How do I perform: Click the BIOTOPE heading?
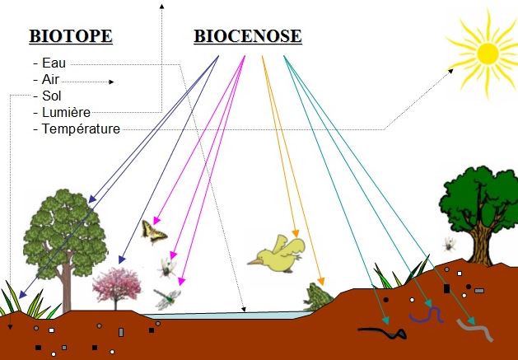[71, 36]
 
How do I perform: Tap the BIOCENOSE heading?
[248, 36]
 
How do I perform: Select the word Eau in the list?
[54, 63]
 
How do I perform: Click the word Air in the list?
[50, 79]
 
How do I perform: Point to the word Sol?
[52, 96]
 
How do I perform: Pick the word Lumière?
[66, 112]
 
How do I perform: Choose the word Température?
[81, 129]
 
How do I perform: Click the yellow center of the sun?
[488, 54]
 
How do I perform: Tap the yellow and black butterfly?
[154, 232]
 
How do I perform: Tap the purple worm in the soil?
[426, 316]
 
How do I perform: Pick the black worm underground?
[383, 331]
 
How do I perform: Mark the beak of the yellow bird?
[254, 262]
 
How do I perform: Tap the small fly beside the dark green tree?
[450, 244]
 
